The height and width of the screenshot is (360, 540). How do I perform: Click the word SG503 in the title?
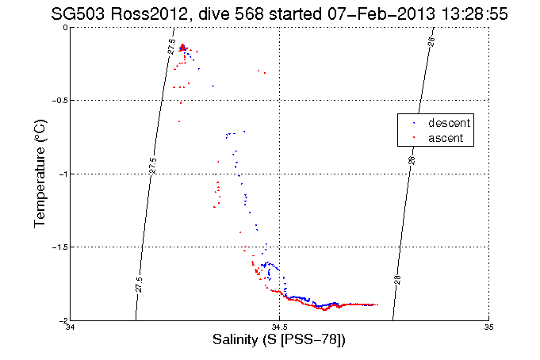pos(75,13)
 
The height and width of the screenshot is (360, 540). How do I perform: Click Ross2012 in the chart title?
pos(140,13)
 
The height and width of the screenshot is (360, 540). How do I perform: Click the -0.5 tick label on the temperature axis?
pos(57,101)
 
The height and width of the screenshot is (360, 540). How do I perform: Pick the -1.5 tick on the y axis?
pos(57,247)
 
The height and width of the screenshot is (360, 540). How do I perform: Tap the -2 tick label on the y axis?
pos(61,320)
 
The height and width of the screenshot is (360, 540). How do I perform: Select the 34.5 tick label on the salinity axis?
pos(279,327)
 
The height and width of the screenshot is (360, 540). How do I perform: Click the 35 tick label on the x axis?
pos(488,327)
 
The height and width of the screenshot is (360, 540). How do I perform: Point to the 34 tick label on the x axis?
pos(71,327)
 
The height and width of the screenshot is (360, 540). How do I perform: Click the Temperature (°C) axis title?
pos(40,174)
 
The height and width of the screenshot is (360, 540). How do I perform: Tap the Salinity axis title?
pos(279,341)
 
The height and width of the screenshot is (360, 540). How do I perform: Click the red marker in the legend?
pos(413,139)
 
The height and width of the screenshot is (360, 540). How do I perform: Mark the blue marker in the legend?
pos(413,124)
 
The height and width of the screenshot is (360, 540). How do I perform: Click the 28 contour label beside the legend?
pos(412,159)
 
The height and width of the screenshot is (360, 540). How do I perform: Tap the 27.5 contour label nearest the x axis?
pos(139,281)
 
